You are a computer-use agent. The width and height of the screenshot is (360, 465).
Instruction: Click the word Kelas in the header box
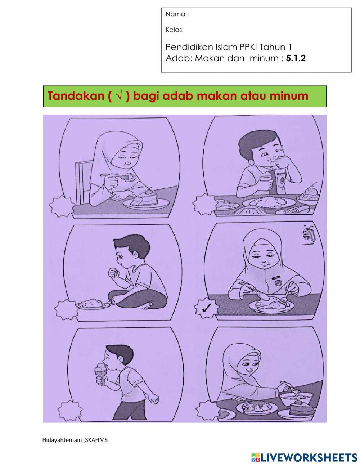(x=174, y=30)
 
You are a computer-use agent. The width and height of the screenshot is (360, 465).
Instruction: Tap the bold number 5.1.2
(x=296, y=58)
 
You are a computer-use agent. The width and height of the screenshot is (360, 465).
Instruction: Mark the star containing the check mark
(x=206, y=308)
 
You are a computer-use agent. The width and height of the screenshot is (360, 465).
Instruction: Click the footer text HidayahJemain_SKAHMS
(x=75, y=440)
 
